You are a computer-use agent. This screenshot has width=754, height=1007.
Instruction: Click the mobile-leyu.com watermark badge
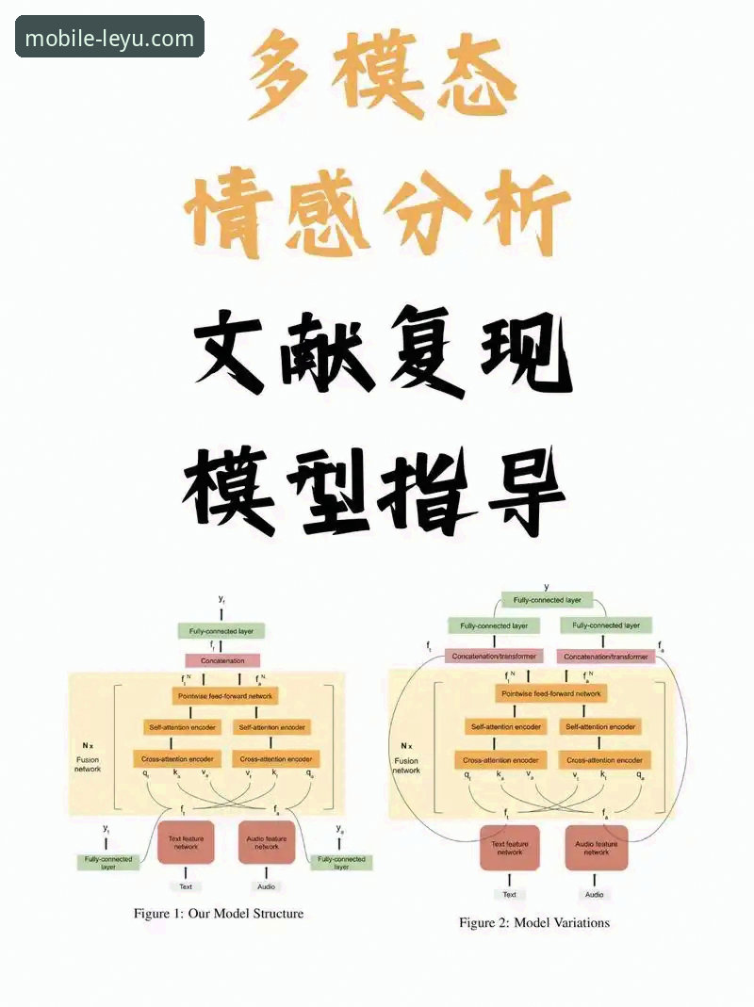[109, 38]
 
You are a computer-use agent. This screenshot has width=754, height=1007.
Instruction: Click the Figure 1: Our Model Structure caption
[219, 913]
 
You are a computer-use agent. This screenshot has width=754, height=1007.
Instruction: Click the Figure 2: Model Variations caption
[534, 922]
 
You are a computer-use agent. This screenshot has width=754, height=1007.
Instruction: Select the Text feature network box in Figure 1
[186, 842]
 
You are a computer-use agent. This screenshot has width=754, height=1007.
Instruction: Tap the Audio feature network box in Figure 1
[267, 842]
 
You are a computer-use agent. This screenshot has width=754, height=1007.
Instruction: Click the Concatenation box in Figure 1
[222, 661]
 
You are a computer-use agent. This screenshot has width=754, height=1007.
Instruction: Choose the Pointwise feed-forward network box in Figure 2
[551, 693]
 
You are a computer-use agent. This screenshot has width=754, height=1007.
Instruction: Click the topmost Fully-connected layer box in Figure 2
[547, 600]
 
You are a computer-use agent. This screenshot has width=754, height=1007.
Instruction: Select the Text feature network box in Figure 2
[509, 847]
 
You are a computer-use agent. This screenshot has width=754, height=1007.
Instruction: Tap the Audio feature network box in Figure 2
[596, 847]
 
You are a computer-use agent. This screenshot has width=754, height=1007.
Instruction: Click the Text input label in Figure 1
[186, 886]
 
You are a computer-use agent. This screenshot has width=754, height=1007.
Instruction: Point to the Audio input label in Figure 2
[594, 894]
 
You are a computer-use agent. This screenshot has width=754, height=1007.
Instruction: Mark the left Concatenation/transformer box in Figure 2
[495, 656]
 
